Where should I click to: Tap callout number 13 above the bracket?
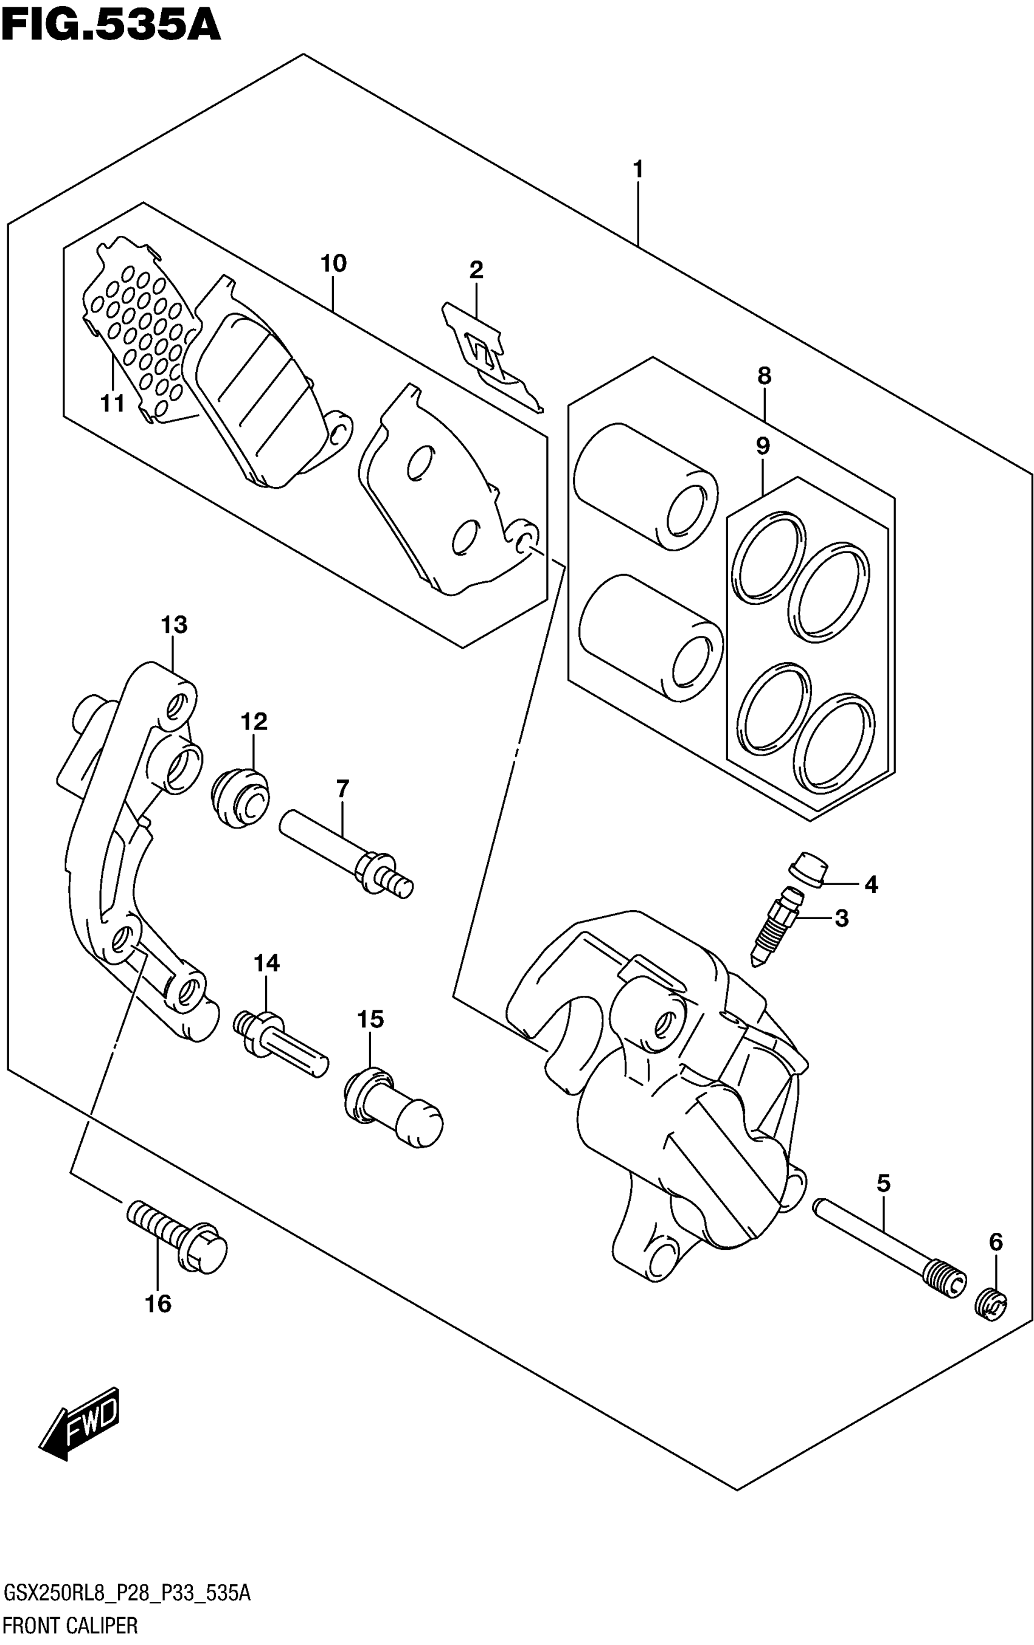[x=175, y=624]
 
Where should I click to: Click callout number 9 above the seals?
[x=763, y=446]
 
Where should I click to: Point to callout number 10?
[x=333, y=263]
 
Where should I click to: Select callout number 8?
[x=764, y=375]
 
